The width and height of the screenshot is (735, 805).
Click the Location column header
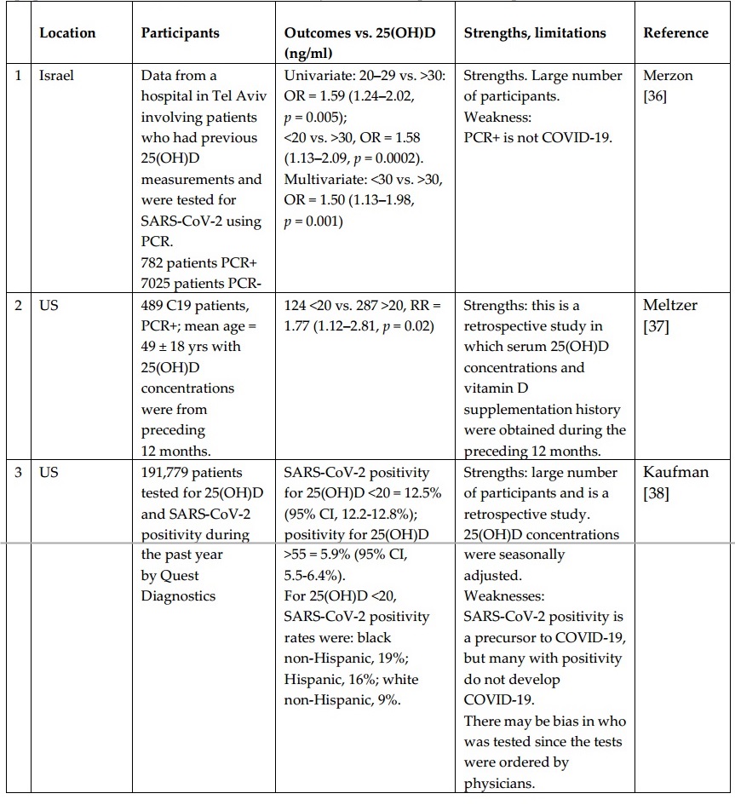(67, 33)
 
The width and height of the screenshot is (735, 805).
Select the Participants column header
(180, 33)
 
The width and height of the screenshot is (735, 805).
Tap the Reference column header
(675, 33)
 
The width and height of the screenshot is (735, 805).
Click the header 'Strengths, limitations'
(535, 33)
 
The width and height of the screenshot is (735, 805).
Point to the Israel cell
(56, 76)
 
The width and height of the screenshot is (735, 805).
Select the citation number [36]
(657, 96)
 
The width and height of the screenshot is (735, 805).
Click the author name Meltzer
(670, 305)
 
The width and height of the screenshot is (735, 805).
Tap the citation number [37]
(657, 325)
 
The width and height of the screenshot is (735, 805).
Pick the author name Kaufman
(675, 472)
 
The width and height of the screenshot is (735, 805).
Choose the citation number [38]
(657, 492)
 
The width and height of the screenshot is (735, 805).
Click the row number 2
(19, 305)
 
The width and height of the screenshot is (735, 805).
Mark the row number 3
(19, 472)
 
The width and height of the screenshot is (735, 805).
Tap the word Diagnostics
(178, 596)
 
